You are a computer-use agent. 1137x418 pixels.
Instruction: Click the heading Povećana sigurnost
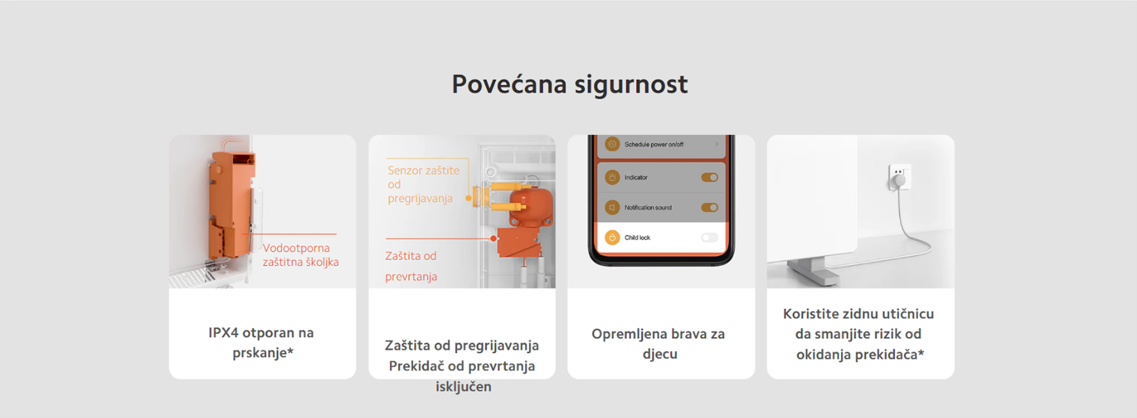(x=570, y=85)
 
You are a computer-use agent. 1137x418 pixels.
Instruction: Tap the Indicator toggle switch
(x=710, y=178)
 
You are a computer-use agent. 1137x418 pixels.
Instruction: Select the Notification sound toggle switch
(x=710, y=208)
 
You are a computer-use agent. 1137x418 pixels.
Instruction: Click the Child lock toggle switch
(x=710, y=238)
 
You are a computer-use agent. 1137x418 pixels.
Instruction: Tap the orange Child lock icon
(x=612, y=238)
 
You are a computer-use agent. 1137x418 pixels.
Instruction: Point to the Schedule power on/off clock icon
(x=612, y=145)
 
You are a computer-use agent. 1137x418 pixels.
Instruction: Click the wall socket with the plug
(x=900, y=177)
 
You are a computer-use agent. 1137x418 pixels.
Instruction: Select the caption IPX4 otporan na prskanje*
(x=262, y=343)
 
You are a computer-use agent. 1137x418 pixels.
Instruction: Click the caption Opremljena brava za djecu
(x=659, y=344)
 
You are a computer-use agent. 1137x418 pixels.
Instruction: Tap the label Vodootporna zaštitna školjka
(x=301, y=254)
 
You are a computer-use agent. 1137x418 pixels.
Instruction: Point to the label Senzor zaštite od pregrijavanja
(x=424, y=184)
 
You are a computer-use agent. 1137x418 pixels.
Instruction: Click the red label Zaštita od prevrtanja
(x=410, y=266)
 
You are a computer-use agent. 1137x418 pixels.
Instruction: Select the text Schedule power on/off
(x=654, y=145)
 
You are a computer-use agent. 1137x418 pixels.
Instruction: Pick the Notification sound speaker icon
(x=612, y=208)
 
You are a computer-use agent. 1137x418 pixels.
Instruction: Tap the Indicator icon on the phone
(x=612, y=178)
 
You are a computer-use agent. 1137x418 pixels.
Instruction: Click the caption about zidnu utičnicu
(x=859, y=333)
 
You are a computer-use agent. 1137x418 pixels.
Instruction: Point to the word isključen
(x=463, y=387)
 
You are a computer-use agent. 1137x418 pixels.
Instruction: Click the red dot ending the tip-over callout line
(x=493, y=238)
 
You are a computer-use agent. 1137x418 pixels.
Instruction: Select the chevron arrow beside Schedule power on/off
(x=717, y=145)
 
